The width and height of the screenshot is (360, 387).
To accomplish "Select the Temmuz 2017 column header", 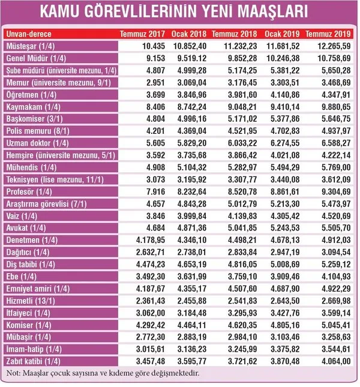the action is [142, 34].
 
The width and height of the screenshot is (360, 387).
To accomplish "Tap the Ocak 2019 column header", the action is [282, 34].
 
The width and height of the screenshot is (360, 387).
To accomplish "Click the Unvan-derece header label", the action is [29, 34].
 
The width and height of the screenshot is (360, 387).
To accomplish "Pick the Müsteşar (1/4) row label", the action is [31, 46].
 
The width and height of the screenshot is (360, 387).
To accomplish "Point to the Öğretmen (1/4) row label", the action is [31, 95].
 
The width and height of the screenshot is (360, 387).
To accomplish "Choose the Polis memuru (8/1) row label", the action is [38, 131].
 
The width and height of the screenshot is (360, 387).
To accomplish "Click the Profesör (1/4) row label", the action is [29, 192].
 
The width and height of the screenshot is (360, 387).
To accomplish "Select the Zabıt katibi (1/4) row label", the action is [34, 362].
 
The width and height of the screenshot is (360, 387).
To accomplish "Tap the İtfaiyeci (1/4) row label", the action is [28, 313].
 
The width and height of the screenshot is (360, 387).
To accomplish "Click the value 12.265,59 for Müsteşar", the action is [334, 46].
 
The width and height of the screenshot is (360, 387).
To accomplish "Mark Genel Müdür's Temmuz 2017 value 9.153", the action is [155, 58].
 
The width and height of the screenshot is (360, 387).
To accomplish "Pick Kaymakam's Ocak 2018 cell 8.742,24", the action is [192, 107].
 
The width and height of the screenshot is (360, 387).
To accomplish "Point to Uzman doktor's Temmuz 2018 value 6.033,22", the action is [242, 143].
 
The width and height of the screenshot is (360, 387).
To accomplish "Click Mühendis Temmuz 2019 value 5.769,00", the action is [336, 167].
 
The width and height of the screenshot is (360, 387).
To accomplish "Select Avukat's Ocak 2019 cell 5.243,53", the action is [285, 228].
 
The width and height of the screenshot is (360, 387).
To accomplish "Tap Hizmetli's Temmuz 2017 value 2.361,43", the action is [151, 301].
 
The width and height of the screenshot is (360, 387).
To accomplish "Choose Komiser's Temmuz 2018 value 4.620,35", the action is [242, 325].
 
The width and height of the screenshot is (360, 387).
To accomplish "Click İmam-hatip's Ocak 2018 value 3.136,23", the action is [192, 349].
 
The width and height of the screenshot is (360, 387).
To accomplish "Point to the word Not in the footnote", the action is [12, 373].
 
